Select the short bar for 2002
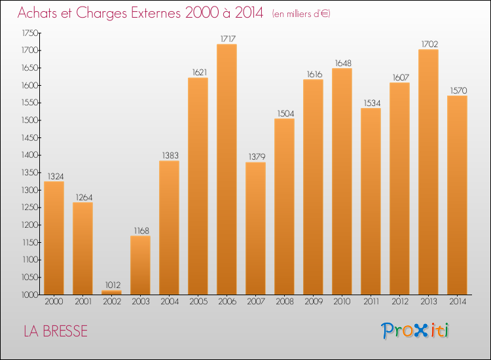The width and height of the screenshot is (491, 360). pos(111,292)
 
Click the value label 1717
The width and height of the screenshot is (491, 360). pos(227,39)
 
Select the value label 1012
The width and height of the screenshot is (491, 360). pos(111,285)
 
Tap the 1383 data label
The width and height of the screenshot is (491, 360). pos(169,155)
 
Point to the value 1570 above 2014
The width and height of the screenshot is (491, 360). pos(457,90)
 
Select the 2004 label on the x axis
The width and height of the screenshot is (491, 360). pos(169,303)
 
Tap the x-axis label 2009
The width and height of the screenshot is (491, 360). pos(313,303)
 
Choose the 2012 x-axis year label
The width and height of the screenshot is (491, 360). pos(399,303)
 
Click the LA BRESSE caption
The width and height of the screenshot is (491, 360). pos(56,331)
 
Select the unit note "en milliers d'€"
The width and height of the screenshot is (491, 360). pos(301,14)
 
